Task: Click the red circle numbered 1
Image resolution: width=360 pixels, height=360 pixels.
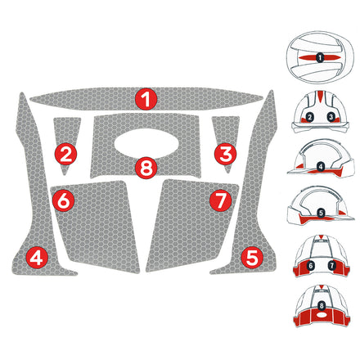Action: click(x=146, y=100)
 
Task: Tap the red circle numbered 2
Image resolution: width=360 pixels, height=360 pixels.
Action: click(x=66, y=152)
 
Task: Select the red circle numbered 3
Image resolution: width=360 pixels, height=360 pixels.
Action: click(x=227, y=152)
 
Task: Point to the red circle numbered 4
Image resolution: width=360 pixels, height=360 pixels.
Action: click(x=36, y=257)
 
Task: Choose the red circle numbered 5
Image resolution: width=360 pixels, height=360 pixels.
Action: click(x=252, y=257)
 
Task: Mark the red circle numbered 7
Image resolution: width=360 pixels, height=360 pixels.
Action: click(x=218, y=199)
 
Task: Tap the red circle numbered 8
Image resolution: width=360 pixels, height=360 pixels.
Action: click(x=146, y=169)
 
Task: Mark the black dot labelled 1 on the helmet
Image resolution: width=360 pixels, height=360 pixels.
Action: click(x=320, y=58)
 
